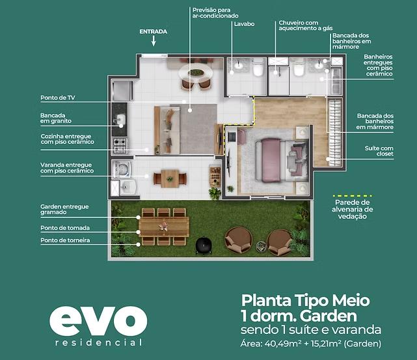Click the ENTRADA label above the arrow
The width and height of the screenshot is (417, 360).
[x=153, y=32]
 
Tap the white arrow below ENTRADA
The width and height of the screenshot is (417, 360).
[x=154, y=41]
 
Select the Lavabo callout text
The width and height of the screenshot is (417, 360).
[x=244, y=24]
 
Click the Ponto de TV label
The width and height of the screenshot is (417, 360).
[x=58, y=98]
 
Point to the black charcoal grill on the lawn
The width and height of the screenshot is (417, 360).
[x=204, y=245]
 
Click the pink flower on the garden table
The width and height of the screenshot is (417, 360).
[x=163, y=226]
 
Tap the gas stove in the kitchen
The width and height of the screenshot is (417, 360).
[x=120, y=146]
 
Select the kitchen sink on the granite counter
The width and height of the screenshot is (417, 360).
[x=121, y=119]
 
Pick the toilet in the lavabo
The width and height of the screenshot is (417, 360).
[x=258, y=68]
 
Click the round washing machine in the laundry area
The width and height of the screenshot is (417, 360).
[x=122, y=169]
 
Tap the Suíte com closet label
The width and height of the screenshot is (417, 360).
[x=379, y=151]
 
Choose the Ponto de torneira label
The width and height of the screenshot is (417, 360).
[x=65, y=240]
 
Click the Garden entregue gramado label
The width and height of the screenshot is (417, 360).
[x=64, y=210]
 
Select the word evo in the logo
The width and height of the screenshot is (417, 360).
[x=98, y=321]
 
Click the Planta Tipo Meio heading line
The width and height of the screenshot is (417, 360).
[x=305, y=300]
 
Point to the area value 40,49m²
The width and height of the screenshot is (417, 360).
[x=283, y=344]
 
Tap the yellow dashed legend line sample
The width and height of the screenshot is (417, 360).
[x=353, y=196]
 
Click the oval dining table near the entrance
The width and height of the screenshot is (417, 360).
[x=196, y=72]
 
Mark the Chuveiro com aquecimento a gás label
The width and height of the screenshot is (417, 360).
[x=306, y=25]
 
